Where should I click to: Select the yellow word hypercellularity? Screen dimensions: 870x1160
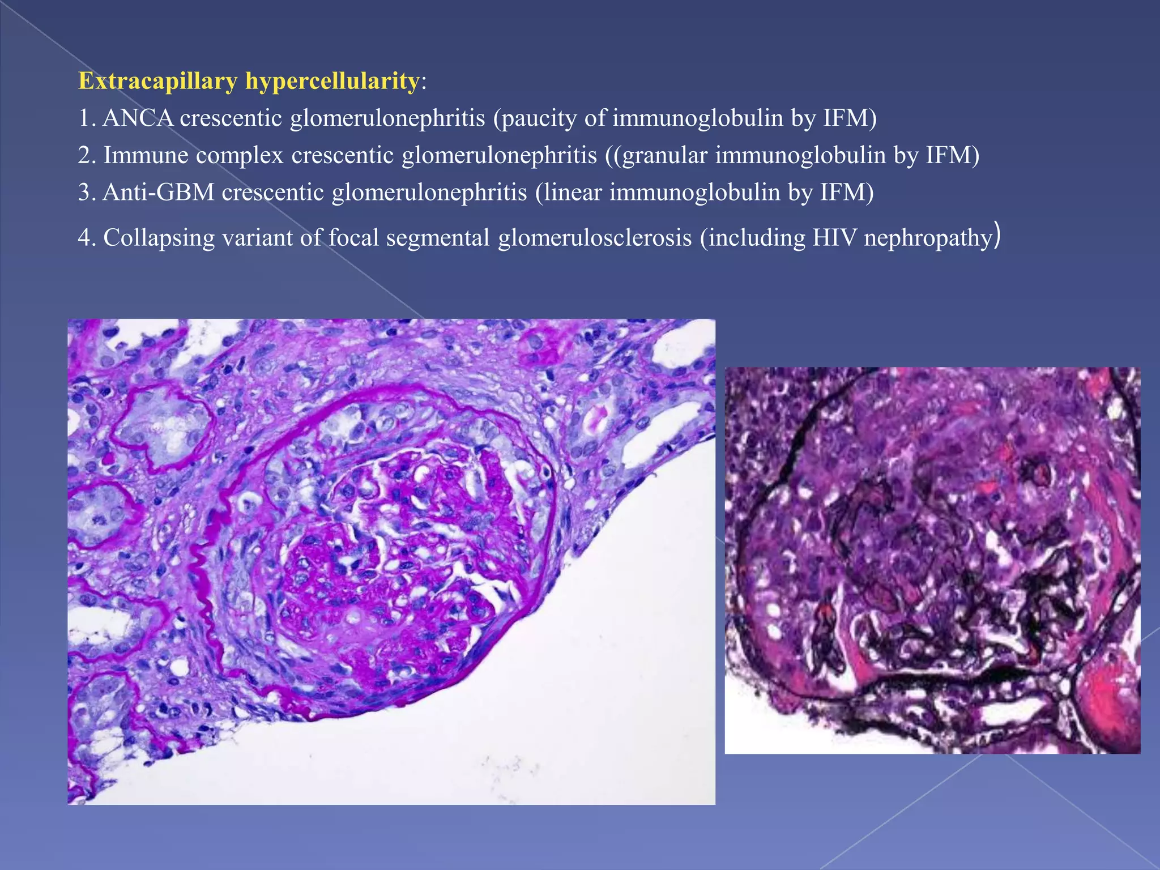point(332,82)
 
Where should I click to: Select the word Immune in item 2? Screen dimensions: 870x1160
point(146,155)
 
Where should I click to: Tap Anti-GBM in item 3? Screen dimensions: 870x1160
point(159,193)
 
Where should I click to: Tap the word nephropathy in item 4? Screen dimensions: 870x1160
point(928,238)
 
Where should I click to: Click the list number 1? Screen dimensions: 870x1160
point(85,118)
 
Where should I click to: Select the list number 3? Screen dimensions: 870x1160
point(85,193)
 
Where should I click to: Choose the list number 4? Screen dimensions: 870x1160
point(85,238)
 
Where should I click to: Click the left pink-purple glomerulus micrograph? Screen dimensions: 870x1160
point(391,561)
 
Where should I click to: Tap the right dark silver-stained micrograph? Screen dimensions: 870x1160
point(932,560)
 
